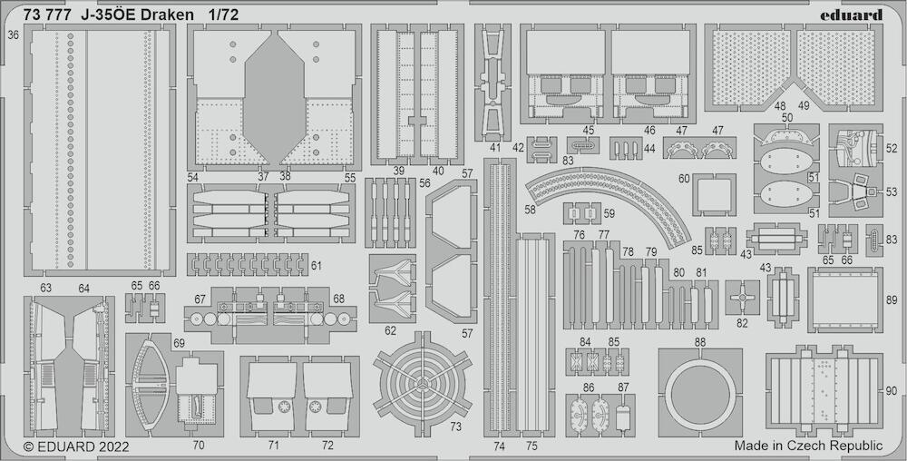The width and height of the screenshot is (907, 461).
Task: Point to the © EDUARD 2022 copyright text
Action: pyautogui.click(x=76, y=446)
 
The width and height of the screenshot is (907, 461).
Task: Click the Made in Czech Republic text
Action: pyautogui.click(x=808, y=446)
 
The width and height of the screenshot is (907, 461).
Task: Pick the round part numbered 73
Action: pyautogui.click(x=424, y=385)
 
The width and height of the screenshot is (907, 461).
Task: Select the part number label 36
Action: pyautogui.click(x=12, y=35)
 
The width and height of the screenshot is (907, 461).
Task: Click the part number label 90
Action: pyautogui.click(x=892, y=391)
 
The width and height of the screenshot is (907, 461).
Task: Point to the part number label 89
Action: pyautogui.click(x=892, y=300)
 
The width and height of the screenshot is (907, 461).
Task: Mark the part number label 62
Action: pyautogui.click(x=390, y=330)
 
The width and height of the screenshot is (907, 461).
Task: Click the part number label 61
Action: pyautogui.click(x=316, y=266)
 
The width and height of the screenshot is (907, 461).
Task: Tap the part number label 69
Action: pyautogui.click(x=179, y=342)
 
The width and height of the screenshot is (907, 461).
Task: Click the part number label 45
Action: pyautogui.click(x=588, y=130)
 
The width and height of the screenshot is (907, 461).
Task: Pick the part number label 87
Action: pyautogui.click(x=623, y=387)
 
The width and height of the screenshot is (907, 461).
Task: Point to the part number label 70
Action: pyautogui.click(x=199, y=446)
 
